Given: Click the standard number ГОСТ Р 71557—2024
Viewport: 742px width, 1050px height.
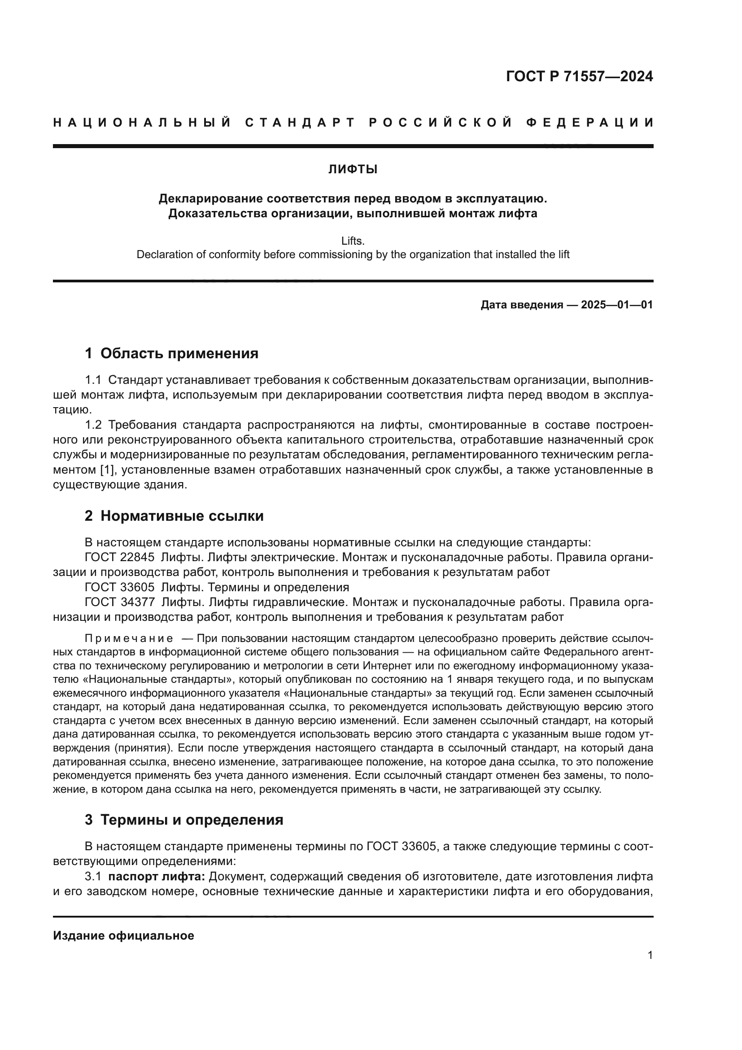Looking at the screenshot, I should point(579,76).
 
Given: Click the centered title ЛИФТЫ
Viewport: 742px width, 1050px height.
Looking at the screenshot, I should point(353,170).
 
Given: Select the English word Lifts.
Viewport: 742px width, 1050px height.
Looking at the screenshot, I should point(353,241).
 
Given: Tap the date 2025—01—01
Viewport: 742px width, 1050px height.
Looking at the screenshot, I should point(617,305).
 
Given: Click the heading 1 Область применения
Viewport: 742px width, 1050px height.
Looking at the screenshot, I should point(172,353).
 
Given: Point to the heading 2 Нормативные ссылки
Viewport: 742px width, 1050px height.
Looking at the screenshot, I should point(174,516).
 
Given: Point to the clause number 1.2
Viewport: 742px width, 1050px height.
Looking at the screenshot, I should point(93,425).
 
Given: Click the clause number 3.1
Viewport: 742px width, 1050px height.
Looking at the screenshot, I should point(93,877).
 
